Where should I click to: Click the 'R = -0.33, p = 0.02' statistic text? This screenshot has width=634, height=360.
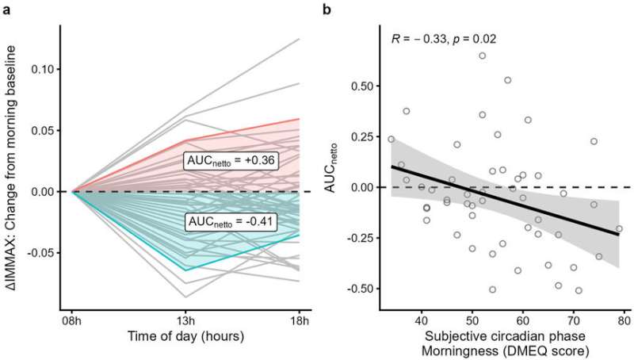click(x=440, y=38)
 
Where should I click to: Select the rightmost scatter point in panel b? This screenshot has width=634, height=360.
click(x=619, y=228)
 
